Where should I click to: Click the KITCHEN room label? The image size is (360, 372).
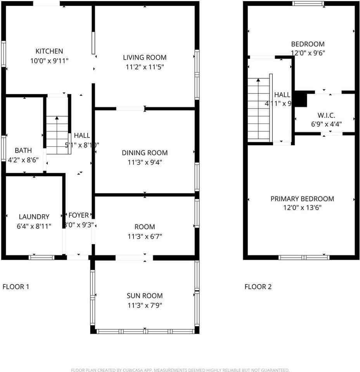(49, 51)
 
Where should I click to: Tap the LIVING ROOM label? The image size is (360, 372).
(145, 58)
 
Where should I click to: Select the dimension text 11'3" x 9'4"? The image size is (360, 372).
(145, 162)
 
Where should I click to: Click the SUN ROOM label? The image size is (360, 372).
(145, 296)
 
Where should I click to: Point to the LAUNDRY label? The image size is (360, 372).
(34, 217)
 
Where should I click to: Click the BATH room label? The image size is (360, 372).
(23, 150)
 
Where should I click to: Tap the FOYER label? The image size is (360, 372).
(79, 215)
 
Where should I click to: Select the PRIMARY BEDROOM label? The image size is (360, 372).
(302, 199)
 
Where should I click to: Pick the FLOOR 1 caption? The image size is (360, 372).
(16, 287)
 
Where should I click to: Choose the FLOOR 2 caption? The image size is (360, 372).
(258, 287)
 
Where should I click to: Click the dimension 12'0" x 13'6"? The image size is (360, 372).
(302, 208)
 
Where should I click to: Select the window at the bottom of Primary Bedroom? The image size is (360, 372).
(304, 257)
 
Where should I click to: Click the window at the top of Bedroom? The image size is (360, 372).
(308, 3)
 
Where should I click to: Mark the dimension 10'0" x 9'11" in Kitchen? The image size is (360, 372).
(49, 60)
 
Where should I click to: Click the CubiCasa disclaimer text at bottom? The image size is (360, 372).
(180, 370)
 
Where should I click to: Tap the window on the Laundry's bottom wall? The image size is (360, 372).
(42, 257)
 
